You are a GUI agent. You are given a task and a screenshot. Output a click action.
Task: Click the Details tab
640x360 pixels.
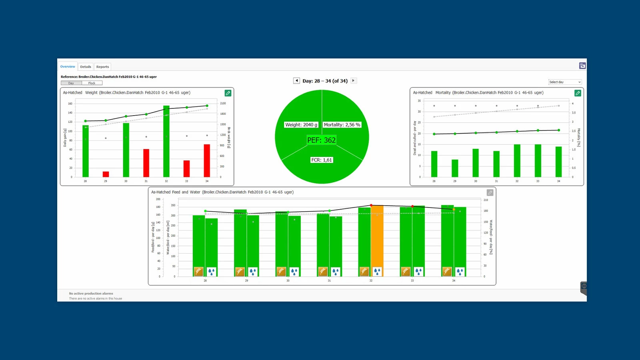coord(86,67)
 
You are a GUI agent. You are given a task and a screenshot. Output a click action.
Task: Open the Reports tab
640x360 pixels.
coord(102,67)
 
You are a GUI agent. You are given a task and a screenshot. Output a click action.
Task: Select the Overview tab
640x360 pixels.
coord(68,66)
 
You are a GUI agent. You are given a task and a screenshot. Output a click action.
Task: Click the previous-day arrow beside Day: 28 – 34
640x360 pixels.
coord(296,80)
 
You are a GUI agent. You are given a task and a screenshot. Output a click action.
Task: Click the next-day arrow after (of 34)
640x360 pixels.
coord(353,80)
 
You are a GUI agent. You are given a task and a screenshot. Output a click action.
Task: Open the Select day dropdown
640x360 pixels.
coord(565,82)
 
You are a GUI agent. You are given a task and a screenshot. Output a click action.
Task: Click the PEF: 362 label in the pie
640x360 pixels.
coord(321,140)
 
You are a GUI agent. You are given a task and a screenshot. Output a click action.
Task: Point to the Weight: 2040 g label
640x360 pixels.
coord(301,125)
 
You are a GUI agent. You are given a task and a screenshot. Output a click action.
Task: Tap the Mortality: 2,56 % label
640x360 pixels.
coord(342,125)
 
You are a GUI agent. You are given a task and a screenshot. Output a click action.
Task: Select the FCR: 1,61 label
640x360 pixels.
coord(322,160)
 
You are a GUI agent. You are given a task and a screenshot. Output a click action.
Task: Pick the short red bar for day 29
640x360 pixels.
coord(106,174)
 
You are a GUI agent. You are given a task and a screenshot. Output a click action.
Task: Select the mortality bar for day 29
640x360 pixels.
coord(455,168)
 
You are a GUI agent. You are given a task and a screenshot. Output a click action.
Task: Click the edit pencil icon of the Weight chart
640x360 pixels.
coord(228,93)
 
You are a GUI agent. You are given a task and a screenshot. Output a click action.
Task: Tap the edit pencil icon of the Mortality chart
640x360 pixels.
coord(578,93)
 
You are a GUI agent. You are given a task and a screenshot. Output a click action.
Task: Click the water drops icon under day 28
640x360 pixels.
coord(211,272)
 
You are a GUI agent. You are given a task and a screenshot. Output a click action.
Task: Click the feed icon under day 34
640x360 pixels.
coord(447,272)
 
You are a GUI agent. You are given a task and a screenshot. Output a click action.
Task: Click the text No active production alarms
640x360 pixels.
coord(91,294)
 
